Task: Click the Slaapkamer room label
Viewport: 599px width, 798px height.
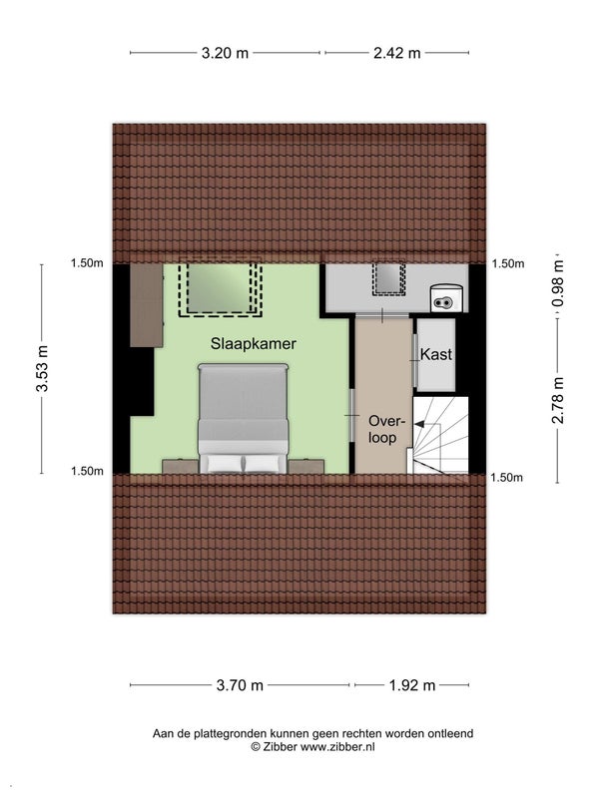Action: pos(254,343)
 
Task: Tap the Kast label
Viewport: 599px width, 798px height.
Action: pos(436,354)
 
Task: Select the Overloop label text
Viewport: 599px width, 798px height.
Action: pos(386,429)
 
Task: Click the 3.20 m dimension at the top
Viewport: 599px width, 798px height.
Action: pos(225,53)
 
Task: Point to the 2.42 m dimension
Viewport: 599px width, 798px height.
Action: pos(396,53)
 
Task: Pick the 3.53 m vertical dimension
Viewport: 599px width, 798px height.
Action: pos(42,368)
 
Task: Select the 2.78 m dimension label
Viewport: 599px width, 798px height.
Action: pos(558,400)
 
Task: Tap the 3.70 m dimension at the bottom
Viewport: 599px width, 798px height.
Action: pos(240,685)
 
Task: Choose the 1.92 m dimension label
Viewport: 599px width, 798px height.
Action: pos(412,685)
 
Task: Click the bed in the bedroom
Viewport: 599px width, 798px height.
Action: pos(244,418)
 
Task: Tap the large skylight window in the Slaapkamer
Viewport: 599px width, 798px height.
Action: pos(220,288)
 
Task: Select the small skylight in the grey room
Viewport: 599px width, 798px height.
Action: pos(388,278)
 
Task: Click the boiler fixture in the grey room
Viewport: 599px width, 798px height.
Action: pos(446,298)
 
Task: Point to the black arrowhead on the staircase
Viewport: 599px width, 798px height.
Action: pos(419,423)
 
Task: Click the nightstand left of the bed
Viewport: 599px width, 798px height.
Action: pos(181,467)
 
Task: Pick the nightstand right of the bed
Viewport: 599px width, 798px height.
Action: pos(305,467)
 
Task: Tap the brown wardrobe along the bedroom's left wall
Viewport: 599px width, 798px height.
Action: pos(147,305)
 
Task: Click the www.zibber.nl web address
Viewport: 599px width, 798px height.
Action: pos(337,746)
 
